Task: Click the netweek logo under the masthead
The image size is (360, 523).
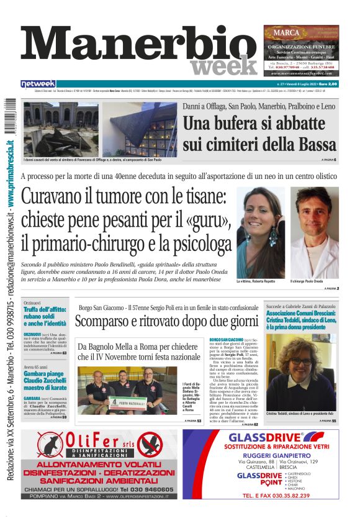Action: (38, 83)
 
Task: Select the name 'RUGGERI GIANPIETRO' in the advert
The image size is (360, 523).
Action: (271, 455)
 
